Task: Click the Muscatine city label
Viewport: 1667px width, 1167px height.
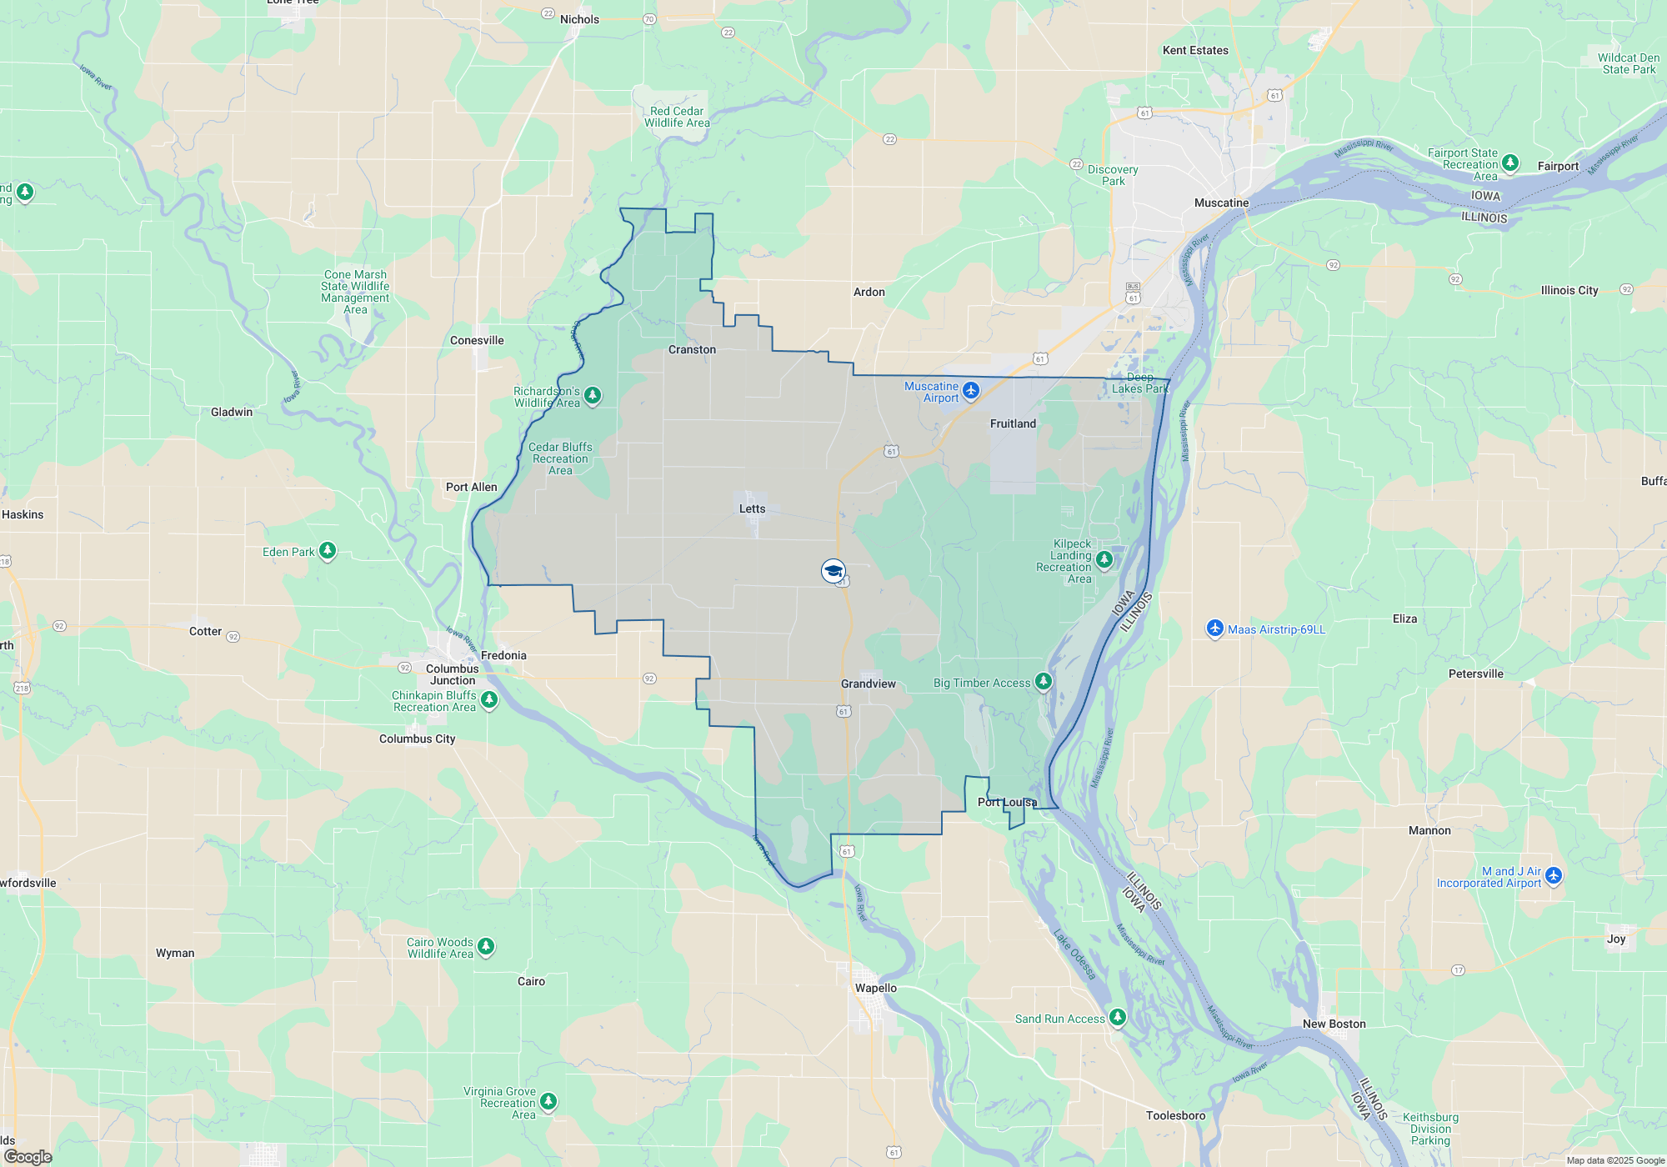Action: [x=1221, y=203]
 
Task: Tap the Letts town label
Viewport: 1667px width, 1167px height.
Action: [x=752, y=508]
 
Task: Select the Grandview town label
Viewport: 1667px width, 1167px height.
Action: [x=868, y=684]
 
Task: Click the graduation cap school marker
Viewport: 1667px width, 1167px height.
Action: [x=833, y=571]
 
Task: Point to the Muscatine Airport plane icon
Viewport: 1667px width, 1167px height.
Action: [x=971, y=390]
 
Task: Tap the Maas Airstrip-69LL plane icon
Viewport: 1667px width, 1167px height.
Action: [x=1214, y=629]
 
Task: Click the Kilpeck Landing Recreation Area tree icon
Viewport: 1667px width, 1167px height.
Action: [x=1104, y=559]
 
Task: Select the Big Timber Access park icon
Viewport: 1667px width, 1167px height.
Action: [x=1043, y=682]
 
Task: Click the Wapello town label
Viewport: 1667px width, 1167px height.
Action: [x=875, y=988]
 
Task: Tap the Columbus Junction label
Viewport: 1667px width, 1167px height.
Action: [x=453, y=674]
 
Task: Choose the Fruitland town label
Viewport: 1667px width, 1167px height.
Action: [x=1013, y=423]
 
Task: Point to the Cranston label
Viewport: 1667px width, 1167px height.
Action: [x=692, y=349]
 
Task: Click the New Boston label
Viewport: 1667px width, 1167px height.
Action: [x=1334, y=1024]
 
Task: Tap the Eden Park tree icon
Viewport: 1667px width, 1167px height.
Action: [x=328, y=550]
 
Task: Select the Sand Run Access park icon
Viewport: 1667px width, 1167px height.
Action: [x=1118, y=1017]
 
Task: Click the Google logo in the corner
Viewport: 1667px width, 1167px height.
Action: [x=28, y=1156]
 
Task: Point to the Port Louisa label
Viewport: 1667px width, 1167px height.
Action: [x=1007, y=802]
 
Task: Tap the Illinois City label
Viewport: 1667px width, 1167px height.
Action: [x=1569, y=290]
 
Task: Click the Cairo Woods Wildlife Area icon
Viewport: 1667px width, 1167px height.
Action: [x=486, y=946]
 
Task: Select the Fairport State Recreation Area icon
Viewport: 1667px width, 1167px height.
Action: [x=1510, y=163]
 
